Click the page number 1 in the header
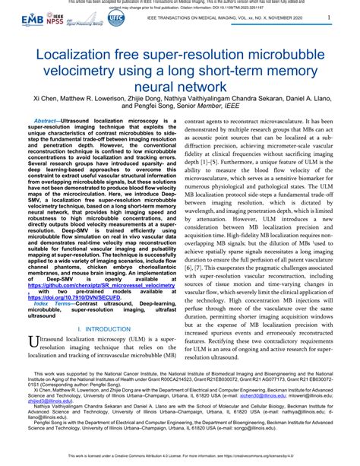click(x=328, y=17)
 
